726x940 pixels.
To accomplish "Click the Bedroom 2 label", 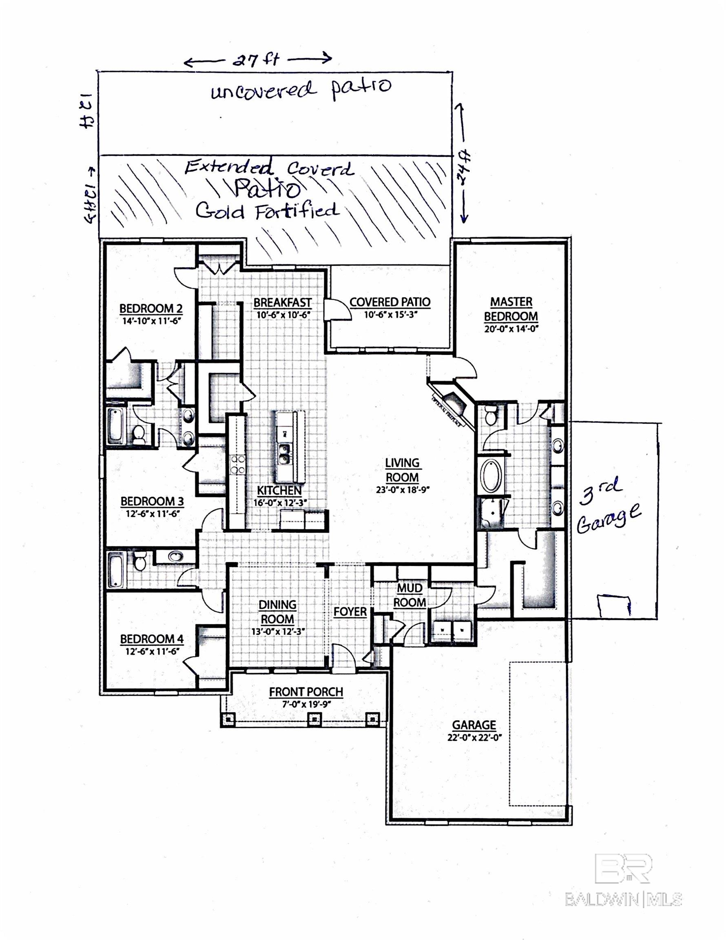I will [151, 308].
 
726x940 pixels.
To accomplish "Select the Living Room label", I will [402, 470].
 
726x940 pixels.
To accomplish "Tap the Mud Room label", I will [409, 595].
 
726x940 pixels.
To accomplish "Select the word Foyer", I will [350, 611].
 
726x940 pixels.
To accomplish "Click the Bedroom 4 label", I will [151, 639].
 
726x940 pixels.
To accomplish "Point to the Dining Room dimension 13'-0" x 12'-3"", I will [277, 632].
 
